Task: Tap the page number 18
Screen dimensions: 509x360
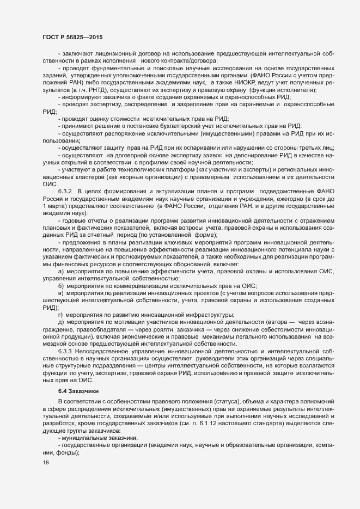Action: [45, 478]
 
